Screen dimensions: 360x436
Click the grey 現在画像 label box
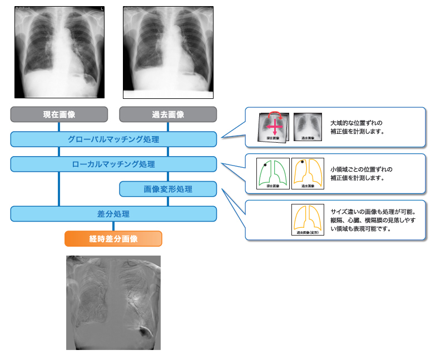(59, 114)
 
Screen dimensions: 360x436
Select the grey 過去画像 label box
(168, 114)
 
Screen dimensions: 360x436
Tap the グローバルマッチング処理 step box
(113, 139)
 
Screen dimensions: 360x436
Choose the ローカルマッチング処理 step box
(113, 164)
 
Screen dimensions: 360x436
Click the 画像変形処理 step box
(168, 189)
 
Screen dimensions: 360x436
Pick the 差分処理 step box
(113, 214)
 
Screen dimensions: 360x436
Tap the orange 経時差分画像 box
(113, 239)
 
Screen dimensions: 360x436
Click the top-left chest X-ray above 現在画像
(59, 52)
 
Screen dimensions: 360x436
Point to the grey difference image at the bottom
(113, 302)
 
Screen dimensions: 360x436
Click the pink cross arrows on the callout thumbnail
(275, 127)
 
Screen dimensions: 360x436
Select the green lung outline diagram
(272, 173)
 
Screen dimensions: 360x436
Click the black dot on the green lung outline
(265, 165)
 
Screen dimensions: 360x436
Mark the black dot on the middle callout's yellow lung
(302, 162)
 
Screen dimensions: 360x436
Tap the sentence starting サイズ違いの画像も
(373, 212)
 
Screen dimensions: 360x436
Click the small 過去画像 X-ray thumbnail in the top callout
(307, 126)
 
